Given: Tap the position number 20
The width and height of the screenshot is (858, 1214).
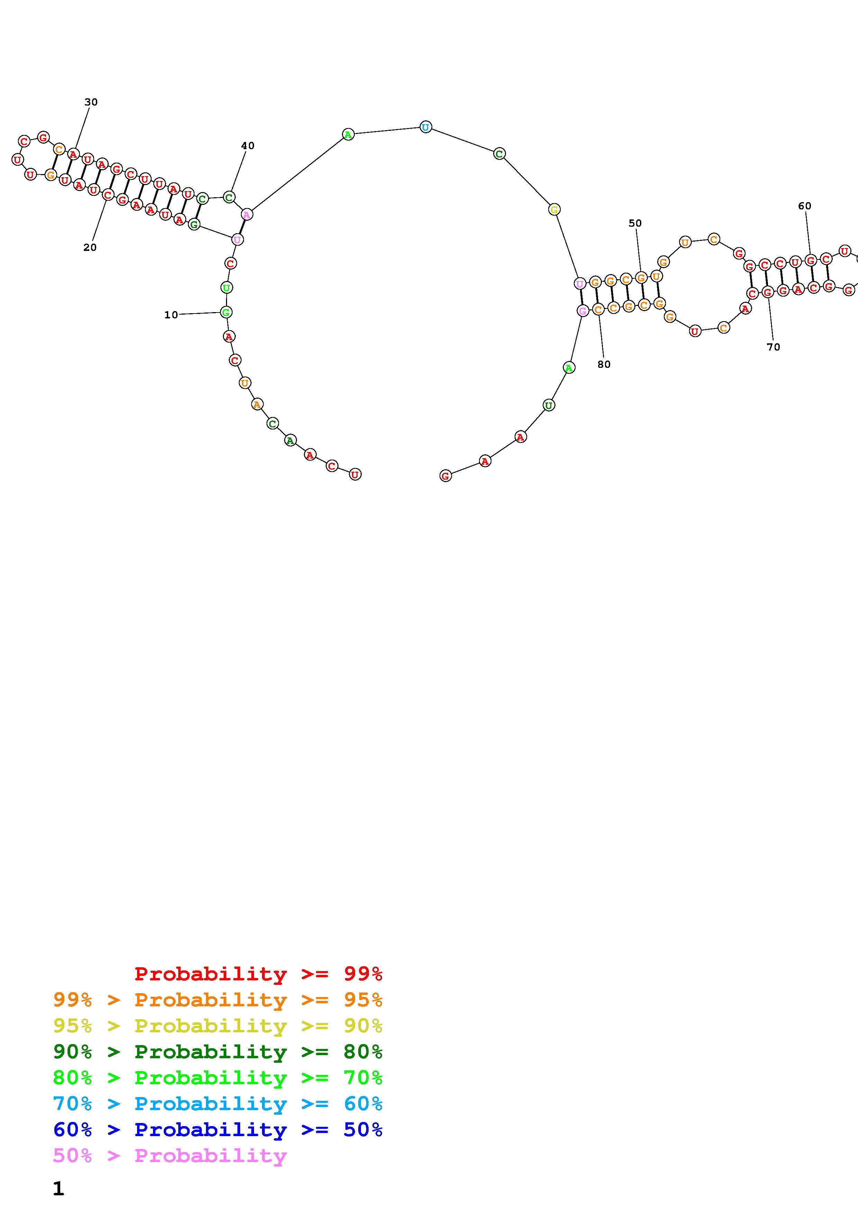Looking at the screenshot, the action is (90, 247).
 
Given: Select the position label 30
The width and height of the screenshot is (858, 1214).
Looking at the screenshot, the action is (91, 102).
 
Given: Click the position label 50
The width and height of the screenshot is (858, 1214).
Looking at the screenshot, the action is (635, 223).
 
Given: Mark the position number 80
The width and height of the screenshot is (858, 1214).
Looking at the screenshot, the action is (604, 364).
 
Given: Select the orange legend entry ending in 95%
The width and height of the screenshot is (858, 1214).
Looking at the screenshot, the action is (218, 1000).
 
